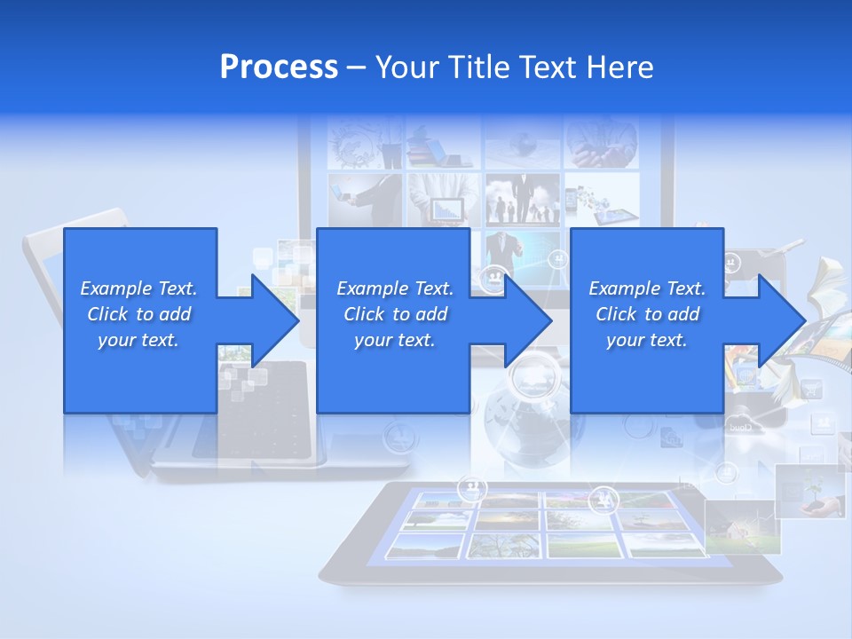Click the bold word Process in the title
coord(279,67)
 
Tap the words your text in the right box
coord(646,340)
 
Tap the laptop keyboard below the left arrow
coord(266,417)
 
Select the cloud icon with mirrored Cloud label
coord(739,427)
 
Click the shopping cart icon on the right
coord(812,388)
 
